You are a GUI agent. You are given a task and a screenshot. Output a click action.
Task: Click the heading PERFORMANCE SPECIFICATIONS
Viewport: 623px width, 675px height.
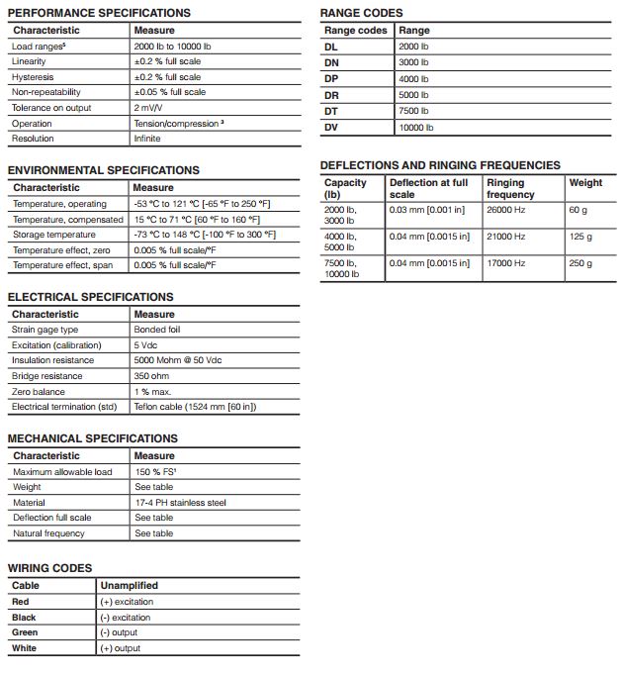point(99,13)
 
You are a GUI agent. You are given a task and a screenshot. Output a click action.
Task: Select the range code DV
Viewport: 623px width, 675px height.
point(331,127)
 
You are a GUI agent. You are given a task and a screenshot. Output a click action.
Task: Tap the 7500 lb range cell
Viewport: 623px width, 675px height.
point(413,111)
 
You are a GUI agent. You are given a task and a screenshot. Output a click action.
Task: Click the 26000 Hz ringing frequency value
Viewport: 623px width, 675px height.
point(506,209)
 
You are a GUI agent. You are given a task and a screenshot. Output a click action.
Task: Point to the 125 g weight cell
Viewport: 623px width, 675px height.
point(580,237)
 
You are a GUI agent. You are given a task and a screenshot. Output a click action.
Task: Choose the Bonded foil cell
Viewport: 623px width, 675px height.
point(158,330)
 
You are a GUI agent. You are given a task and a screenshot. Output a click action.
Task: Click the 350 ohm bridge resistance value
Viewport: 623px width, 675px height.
point(152,376)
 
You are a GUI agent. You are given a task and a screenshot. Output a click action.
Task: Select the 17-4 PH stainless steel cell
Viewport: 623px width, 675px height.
point(180,502)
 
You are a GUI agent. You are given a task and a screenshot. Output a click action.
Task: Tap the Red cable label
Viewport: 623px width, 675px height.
point(21,602)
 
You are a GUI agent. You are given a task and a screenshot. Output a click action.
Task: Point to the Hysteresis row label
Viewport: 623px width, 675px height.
point(33,77)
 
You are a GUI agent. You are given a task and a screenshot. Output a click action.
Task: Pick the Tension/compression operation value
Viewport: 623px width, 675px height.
point(178,124)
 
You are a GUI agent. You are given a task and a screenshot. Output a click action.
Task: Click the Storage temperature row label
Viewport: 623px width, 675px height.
point(54,235)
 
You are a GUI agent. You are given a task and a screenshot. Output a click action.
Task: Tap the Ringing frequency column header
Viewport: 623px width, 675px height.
point(510,188)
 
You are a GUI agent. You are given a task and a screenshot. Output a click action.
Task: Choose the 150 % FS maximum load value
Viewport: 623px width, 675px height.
point(155,471)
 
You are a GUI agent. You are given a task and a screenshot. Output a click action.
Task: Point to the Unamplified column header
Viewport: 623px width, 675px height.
point(129,585)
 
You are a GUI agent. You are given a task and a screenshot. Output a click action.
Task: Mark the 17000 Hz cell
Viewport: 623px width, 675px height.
point(506,263)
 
